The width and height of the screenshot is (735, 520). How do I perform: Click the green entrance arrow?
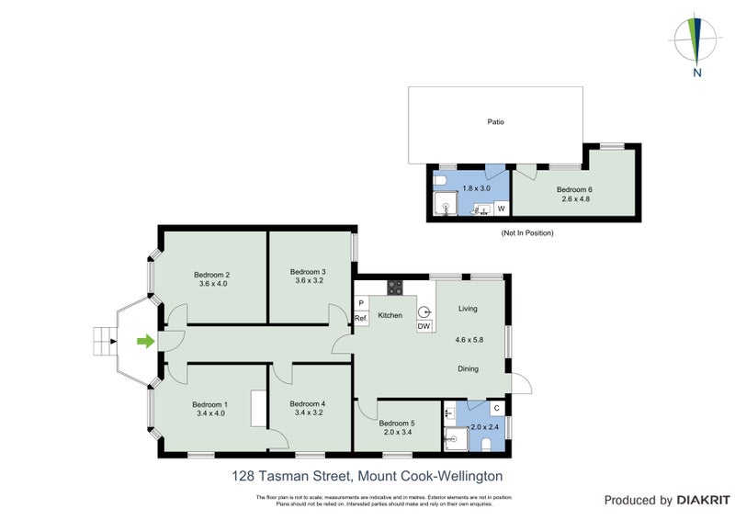coord(144,342)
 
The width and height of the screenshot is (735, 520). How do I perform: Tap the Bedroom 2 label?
coord(211,275)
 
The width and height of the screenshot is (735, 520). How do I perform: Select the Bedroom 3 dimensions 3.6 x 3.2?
coord(308,282)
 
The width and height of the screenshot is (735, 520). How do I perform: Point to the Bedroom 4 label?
coord(308,403)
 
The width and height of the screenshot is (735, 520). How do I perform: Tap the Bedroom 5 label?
coord(398,423)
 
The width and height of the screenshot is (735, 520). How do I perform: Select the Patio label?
coord(495,121)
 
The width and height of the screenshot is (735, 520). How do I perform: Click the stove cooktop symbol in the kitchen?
coord(395,288)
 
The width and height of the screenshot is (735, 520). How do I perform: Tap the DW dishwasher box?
coord(424,326)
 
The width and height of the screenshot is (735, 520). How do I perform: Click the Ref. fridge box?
coord(361,318)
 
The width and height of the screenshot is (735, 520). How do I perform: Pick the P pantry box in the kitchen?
coord(361,302)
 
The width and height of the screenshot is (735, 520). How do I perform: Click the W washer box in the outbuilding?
coord(501,209)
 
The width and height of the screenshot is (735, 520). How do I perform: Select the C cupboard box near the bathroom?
coord(496,408)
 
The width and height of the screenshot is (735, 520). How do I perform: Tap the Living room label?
coord(469,309)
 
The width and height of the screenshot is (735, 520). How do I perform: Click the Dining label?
coord(469,368)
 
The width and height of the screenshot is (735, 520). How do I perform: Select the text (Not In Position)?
coord(527,233)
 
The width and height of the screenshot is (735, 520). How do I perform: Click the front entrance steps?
coord(102,342)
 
